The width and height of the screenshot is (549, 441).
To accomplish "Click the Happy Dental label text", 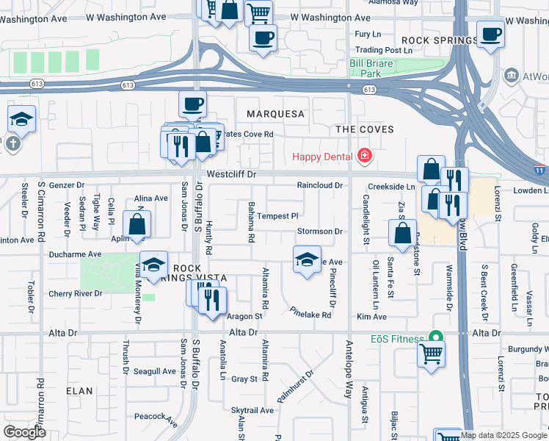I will [x=322, y=157].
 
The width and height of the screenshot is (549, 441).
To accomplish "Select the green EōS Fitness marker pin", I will [x=436, y=337].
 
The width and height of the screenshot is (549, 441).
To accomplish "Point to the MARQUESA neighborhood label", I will [x=275, y=114].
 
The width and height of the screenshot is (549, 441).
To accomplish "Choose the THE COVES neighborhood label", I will [x=365, y=129].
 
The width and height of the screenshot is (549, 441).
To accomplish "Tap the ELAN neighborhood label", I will [x=78, y=391].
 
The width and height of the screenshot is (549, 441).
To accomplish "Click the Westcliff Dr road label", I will [x=231, y=175].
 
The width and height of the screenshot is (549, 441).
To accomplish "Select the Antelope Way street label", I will [x=349, y=375].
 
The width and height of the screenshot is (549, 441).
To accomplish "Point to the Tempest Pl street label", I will [x=277, y=216].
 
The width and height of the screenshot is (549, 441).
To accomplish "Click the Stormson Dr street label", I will [x=320, y=232].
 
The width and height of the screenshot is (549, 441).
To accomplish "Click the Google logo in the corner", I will [x=24, y=432].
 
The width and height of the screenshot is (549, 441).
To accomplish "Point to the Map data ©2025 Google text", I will [x=504, y=435].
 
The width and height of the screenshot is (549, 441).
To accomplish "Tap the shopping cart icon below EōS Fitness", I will [x=431, y=354].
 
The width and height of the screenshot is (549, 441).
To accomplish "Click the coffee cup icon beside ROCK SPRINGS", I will [x=490, y=34].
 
